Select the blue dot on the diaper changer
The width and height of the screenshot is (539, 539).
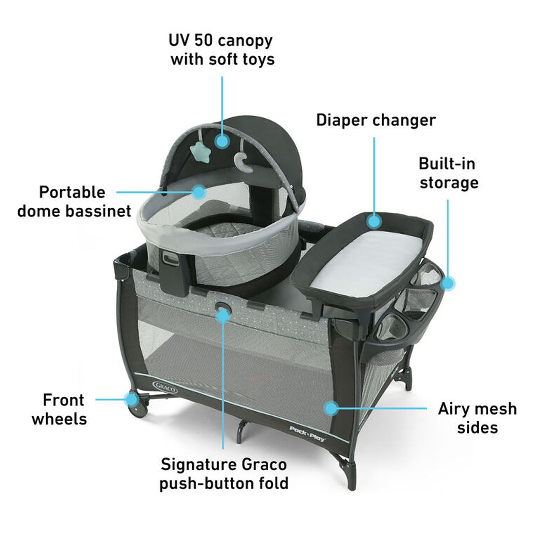(x=374, y=221)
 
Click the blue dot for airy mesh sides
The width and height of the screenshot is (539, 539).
(x=332, y=408)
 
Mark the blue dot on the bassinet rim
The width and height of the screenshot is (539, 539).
(x=199, y=192)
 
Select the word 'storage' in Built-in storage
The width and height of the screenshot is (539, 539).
(x=449, y=183)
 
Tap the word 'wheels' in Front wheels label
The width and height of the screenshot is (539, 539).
(x=59, y=419)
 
